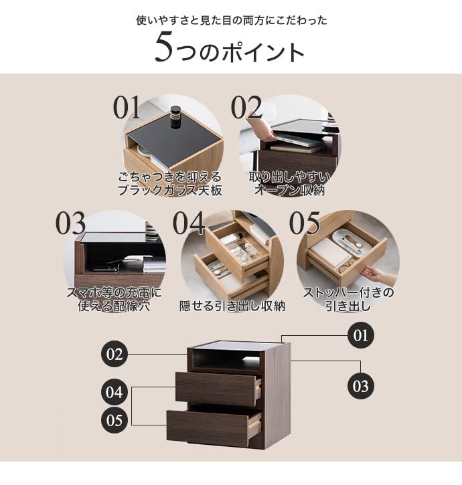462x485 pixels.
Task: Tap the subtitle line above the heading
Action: [x=232, y=20]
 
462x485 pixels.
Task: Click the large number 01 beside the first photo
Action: [x=128, y=108]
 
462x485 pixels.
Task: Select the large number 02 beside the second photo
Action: [x=246, y=108]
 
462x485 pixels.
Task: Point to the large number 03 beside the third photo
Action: [x=70, y=224]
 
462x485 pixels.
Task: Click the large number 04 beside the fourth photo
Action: [x=189, y=224]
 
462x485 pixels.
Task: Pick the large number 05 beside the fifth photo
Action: [x=305, y=224]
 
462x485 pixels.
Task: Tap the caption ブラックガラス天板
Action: [x=169, y=191]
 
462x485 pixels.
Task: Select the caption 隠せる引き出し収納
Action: [x=232, y=306]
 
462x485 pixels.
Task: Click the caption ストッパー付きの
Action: [x=348, y=292]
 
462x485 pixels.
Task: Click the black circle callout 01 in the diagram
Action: [x=361, y=335]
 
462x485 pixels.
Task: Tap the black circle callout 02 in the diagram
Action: [x=114, y=354]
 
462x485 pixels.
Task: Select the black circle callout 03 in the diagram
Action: [x=361, y=386]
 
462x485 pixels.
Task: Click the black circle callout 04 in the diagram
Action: [x=114, y=391]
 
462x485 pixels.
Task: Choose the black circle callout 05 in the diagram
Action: [x=114, y=421]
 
